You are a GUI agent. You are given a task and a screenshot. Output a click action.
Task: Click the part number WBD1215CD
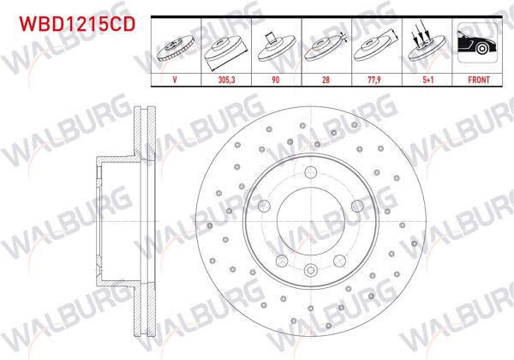(71, 24)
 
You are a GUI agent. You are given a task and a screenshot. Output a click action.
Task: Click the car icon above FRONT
(475, 43)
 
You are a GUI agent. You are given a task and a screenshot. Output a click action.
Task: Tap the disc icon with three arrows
(425, 43)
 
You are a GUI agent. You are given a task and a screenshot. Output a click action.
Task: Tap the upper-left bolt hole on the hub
(265, 204)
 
